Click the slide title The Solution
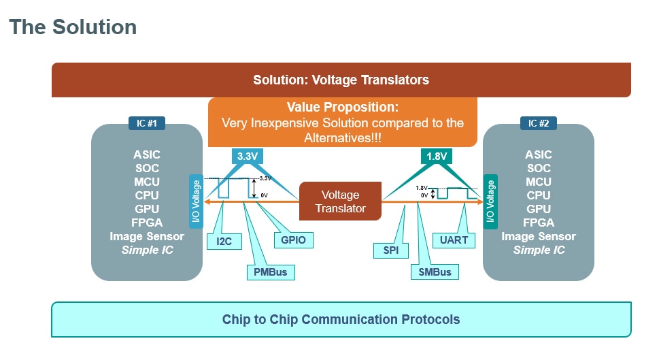pos(73,27)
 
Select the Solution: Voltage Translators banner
pos(341,80)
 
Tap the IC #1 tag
pos(147,123)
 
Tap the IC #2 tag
pos(538,123)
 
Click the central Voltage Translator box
pos(340,201)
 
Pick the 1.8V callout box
pos(435,156)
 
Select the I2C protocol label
pos(224,240)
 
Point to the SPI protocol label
pos(390,250)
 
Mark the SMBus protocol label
pos(435,272)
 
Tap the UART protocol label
pos(454,240)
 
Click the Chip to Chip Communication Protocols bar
pos(341,319)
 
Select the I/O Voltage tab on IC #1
pos(195,201)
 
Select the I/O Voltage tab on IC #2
pos(490,201)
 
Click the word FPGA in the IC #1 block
pos(147,223)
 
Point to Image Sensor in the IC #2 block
pos(538,236)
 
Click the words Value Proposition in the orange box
pos(342,108)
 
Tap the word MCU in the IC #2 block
pos(538,182)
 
